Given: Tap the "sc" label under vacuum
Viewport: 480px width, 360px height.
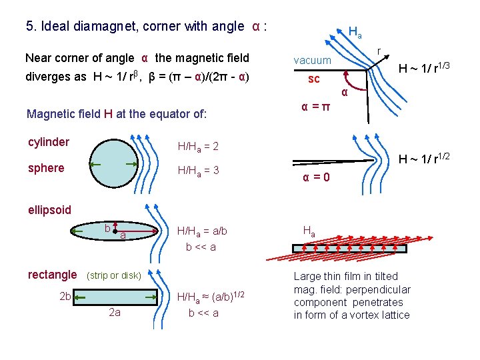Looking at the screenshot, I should pyautogui.click(x=313, y=79).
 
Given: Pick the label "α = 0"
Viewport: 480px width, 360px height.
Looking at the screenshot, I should pyautogui.click(x=315, y=178).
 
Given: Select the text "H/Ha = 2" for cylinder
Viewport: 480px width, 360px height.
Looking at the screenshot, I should pyautogui.click(x=198, y=146).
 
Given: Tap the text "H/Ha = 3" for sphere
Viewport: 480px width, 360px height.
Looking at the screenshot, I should pyautogui.click(x=198, y=171).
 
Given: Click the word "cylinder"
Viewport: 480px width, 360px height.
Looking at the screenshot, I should pyautogui.click(x=48, y=142).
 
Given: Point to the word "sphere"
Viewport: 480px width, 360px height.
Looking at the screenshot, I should pyautogui.click(x=46, y=168).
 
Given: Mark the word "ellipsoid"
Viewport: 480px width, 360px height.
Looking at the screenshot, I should pyautogui.click(x=49, y=210).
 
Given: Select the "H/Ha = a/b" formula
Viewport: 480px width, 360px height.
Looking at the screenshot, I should pyautogui.click(x=201, y=231).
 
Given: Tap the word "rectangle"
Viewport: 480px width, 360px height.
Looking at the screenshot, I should pyautogui.click(x=52, y=274).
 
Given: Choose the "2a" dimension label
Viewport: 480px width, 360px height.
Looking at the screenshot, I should pyautogui.click(x=114, y=312).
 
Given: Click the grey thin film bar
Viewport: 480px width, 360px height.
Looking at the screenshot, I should pyautogui.click(x=347, y=248).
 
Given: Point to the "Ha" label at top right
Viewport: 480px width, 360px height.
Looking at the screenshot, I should pyautogui.click(x=355, y=31).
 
